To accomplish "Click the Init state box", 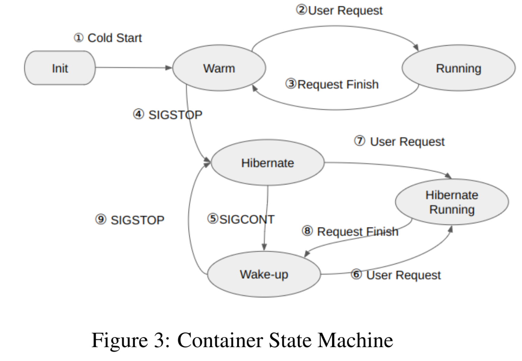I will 60,68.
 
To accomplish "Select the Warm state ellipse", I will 219,68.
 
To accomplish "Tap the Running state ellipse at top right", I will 458,68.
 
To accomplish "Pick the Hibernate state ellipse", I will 267,163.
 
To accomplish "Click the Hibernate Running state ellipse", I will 452,202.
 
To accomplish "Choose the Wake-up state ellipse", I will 264,274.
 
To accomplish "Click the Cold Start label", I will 114,38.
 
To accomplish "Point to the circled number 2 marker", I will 301,10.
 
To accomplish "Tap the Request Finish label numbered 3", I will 338,84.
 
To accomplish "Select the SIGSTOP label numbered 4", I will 175,115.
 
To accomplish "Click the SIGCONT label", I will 247,219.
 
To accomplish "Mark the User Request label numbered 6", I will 403,275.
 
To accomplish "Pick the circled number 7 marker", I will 360,141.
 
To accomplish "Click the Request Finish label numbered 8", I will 357,231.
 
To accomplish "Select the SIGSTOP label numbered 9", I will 137,220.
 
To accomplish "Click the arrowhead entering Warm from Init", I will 169,68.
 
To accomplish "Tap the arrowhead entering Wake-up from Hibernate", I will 264,247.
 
